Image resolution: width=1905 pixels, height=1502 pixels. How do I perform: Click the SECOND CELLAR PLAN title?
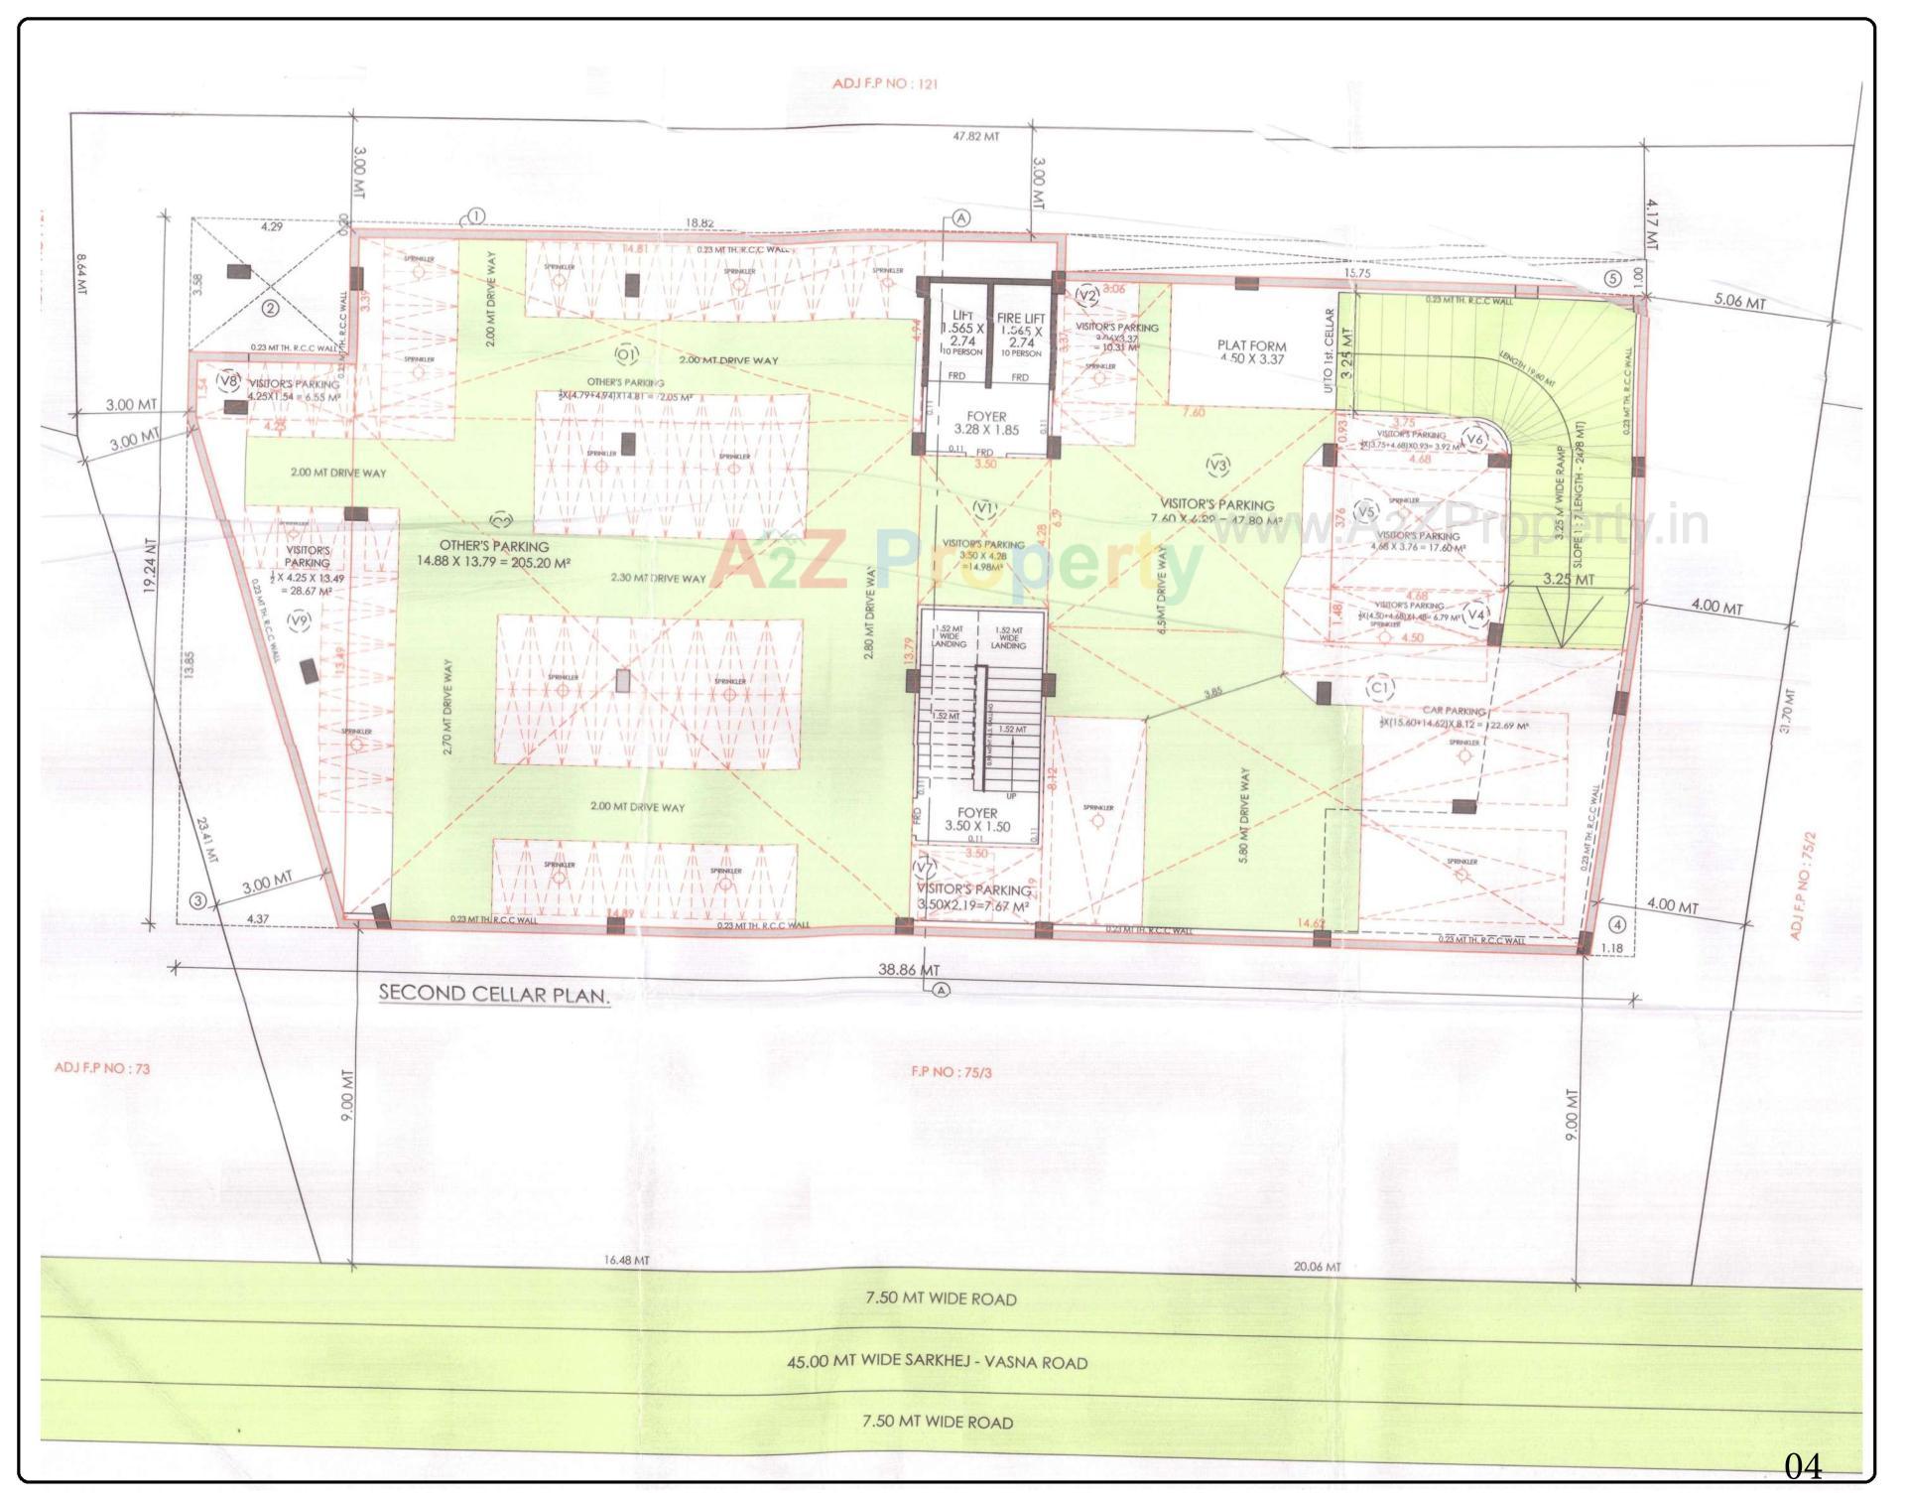tap(493, 994)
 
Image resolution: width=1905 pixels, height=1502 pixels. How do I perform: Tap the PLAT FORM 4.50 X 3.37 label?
tap(1251, 352)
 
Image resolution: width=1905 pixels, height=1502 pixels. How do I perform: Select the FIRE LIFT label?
tap(1021, 318)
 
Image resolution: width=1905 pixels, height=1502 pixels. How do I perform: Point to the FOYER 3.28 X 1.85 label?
tap(986, 424)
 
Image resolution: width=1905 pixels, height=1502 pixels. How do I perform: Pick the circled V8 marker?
tap(228, 380)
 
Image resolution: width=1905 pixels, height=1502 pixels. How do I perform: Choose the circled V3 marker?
tap(1217, 465)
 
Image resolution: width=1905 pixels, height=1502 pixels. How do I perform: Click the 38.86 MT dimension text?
tap(909, 969)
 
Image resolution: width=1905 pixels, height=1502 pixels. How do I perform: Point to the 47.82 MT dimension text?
tap(974, 136)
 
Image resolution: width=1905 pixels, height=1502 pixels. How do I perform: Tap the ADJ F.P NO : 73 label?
tap(102, 1069)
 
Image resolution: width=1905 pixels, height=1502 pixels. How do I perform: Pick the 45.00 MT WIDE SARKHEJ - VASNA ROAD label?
tap(937, 1362)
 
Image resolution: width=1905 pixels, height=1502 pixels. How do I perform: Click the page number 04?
tap(1803, 1466)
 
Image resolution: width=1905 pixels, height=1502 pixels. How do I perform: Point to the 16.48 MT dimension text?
tap(626, 1261)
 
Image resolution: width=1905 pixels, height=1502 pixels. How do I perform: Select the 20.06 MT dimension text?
tap(1317, 1267)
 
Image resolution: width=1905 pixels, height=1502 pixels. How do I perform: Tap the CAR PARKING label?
tap(1454, 711)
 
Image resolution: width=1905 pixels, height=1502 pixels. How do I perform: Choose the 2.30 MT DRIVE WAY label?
tap(658, 578)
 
